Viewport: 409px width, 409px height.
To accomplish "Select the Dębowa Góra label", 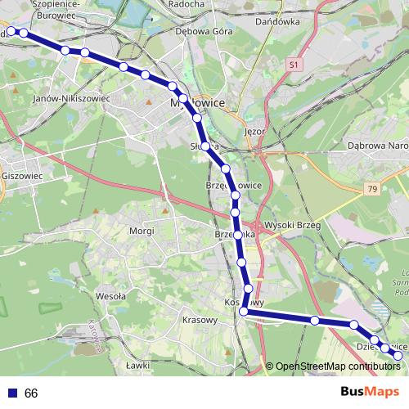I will coord(205,31).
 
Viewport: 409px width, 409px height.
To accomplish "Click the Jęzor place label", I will coord(256,131).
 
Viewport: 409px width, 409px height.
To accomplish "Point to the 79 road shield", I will coord(373,190).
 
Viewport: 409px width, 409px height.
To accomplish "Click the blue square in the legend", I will coord(10,393).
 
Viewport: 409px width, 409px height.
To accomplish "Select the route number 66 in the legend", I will coord(31,393).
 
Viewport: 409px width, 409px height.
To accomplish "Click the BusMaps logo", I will coord(370,393).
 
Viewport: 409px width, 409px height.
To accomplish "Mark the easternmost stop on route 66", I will coord(398,355).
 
